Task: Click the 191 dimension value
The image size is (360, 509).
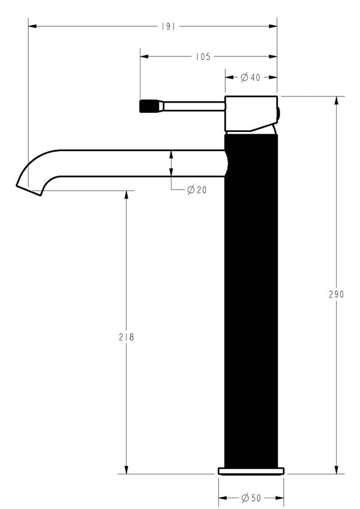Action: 168,26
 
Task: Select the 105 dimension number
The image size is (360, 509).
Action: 203,57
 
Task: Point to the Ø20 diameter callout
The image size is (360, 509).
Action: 197,189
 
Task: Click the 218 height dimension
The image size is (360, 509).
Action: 127,338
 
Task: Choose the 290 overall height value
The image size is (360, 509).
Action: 336,294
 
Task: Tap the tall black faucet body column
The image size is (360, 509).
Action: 252,300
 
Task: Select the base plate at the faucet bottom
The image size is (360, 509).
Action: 251,469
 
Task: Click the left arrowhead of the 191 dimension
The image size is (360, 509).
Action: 32,26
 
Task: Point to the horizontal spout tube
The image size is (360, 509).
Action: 138,162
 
